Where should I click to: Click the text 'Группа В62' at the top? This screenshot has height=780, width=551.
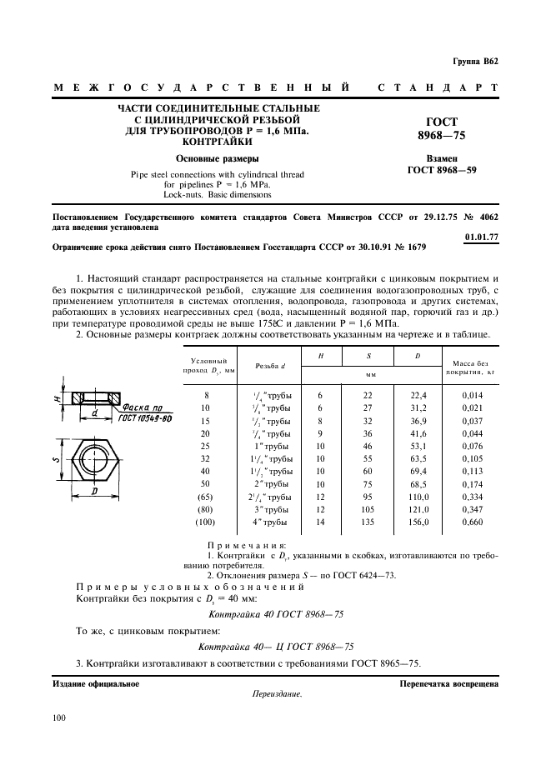[x=475, y=62]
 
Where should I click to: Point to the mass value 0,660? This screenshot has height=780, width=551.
[x=473, y=522]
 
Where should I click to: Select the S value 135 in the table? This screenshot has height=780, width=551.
[x=368, y=522]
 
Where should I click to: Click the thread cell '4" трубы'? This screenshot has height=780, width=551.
[x=272, y=522]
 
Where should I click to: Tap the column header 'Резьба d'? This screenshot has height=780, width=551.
[x=271, y=366]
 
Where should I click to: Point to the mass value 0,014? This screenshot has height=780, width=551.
[x=473, y=395]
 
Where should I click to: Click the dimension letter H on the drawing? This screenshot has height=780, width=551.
[x=58, y=400]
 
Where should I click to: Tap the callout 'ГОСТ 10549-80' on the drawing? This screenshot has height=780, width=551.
[x=144, y=419]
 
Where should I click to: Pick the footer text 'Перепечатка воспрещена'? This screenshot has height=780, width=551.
[x=448, y=683]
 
